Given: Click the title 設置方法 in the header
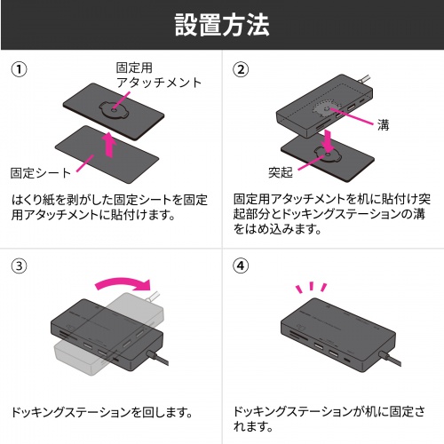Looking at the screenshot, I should [221, 26].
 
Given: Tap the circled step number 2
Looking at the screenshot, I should [241, 69].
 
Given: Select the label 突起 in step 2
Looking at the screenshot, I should [280, 170].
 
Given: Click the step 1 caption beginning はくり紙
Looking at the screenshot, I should [110, 208].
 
